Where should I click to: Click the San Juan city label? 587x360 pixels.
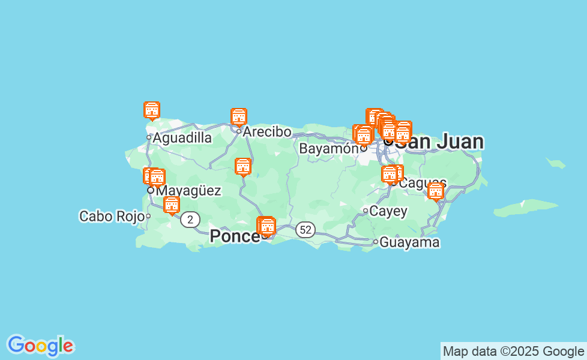pyautogui.click(x=439, y=142)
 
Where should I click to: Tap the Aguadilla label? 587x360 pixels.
pyautogui.click(x=182, y=138)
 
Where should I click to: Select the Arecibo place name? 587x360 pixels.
pyautogui.click(x=267, y=131)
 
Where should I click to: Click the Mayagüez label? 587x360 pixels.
pyautogui.click(x=188, y=191)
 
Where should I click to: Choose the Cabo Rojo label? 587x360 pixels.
pyautogui.click(x=112, y=216)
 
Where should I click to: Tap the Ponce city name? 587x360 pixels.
pyautogui.click(x=234, y=236)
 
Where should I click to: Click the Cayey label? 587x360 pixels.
pyautogui.click(x=388, y=211)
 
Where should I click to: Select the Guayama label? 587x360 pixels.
pyautogui.click(x=410, y=242)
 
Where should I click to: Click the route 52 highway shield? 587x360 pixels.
pyautogui.click(x=306, y=229)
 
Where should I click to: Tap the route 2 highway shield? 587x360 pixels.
pyautogui.click(x=190, y=220)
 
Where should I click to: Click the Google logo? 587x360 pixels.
pyautogui.click(x=40, y=346)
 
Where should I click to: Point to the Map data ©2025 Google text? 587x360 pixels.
pyautogui.click(x=513, y=351)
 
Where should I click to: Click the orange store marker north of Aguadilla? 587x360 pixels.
pyautogui.click(x=152, y=111)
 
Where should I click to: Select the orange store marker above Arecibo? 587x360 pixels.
pyautogui.click(x=239, y=117)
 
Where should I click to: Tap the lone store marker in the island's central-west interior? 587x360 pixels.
pyautogui.click(x=243, y=167)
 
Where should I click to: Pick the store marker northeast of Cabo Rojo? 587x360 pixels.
pyautogui.click(x=172, y=205)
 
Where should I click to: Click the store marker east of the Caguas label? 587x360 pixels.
pyautogui.click(x=436, y=191)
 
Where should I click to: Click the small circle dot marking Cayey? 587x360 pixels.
pyautogui.click(x=365, y=211)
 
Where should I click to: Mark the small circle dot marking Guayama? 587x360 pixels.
pyautogui.click(x=376, y=242)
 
